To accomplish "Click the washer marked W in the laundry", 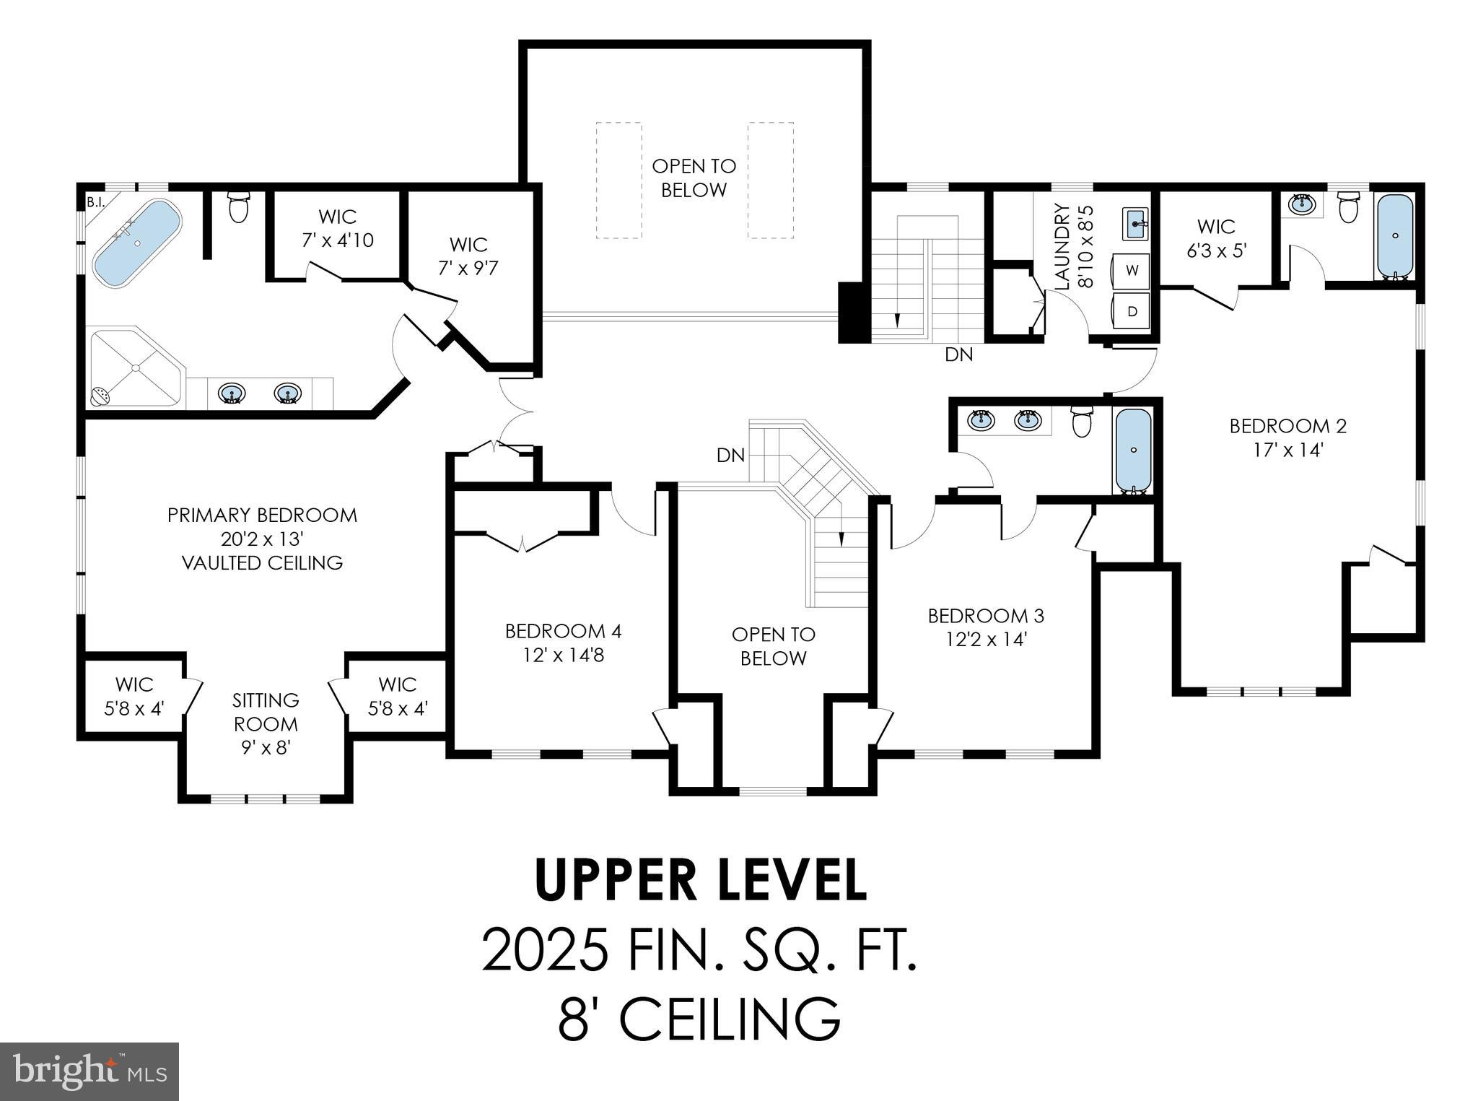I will pos(1132,271).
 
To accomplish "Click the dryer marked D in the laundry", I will pos(1132,311).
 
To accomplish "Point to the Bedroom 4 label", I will pos(563,631).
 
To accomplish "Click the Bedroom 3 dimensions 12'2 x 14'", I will pos(986,640).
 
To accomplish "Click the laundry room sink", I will pos(1135,224).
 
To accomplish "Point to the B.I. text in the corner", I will pos(95,203).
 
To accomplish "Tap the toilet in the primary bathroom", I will pos(238,207).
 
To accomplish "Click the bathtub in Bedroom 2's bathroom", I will pos(1395,236).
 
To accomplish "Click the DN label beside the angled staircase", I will pos(730,456).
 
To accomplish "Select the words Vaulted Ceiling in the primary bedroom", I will pos(262,563).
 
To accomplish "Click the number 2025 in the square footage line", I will pos(545,951).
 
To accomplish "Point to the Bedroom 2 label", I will pos(1287,426).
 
